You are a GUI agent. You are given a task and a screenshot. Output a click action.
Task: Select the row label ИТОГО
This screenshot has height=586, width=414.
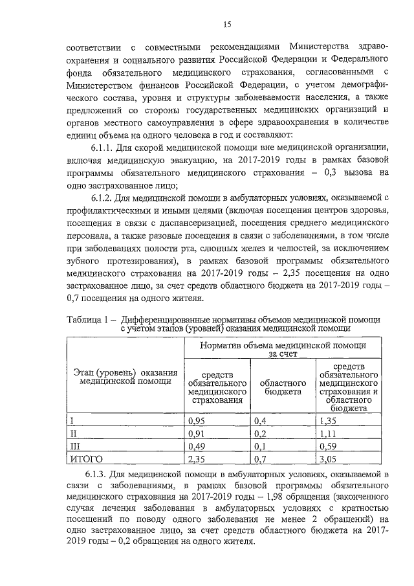click(x=87, y=459)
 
